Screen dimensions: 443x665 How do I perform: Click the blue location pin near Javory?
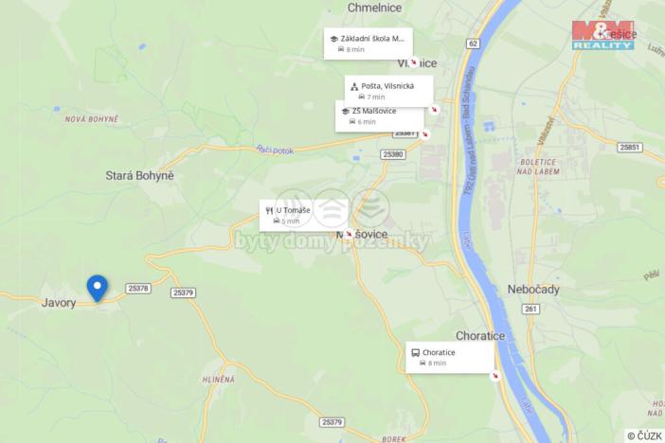(x=97, y=287)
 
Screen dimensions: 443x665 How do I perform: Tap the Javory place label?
(x=59, y=303)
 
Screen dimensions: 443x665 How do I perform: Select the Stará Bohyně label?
(x=140, y=175)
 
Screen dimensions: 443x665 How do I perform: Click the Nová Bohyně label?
(x=92, y=119)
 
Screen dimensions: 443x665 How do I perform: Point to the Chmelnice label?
(x=375, y=7)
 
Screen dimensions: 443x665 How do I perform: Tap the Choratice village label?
(x=481, y=335)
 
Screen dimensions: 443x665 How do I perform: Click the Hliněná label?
(x=218, y=379)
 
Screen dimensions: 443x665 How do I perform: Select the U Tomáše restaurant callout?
(x=303, y=214)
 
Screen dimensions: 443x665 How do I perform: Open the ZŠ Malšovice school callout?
(x=380, y=115)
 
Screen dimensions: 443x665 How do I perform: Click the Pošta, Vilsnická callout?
(x=388, y=90)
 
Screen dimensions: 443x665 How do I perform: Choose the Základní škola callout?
(x=368, y=43)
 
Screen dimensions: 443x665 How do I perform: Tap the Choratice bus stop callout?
(x=450, y=357)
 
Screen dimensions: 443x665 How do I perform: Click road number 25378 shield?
(x=138, y=288)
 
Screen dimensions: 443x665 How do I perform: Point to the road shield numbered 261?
(x=530, y=309)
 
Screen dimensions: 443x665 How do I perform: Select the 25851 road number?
(x=629, y=148)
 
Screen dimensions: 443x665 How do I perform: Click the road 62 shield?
(x=473, y=44)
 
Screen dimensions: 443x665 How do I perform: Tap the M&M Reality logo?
(x=602, y=34)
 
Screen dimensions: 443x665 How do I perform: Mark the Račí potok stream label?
(x=276, y=149)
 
